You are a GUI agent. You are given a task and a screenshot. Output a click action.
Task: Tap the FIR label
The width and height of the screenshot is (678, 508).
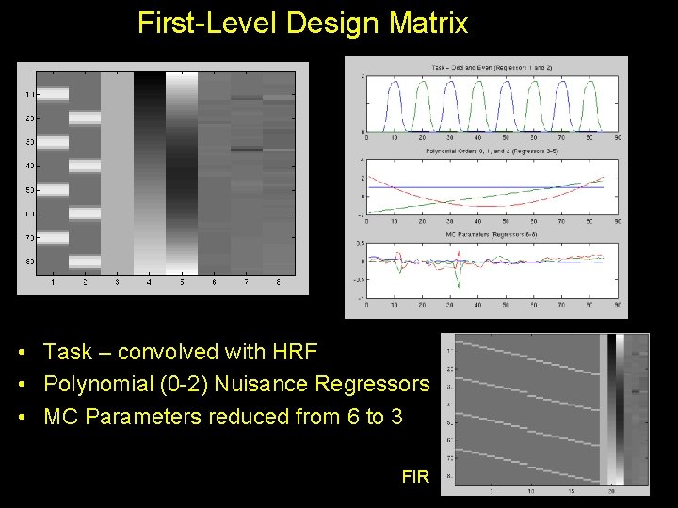click(414, 477)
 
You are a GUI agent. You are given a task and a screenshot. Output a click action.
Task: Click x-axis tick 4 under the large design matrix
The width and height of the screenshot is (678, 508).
click(149, 282)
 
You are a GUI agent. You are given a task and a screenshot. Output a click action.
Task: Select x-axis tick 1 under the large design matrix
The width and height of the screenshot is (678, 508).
click(53, 282)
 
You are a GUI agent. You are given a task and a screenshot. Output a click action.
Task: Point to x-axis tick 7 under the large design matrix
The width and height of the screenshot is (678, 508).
click(246, 282)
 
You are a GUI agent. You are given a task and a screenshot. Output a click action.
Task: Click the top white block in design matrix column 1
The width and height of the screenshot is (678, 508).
click(53, 93)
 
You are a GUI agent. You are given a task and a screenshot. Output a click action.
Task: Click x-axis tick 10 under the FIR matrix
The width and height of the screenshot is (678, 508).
click(530, 490)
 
